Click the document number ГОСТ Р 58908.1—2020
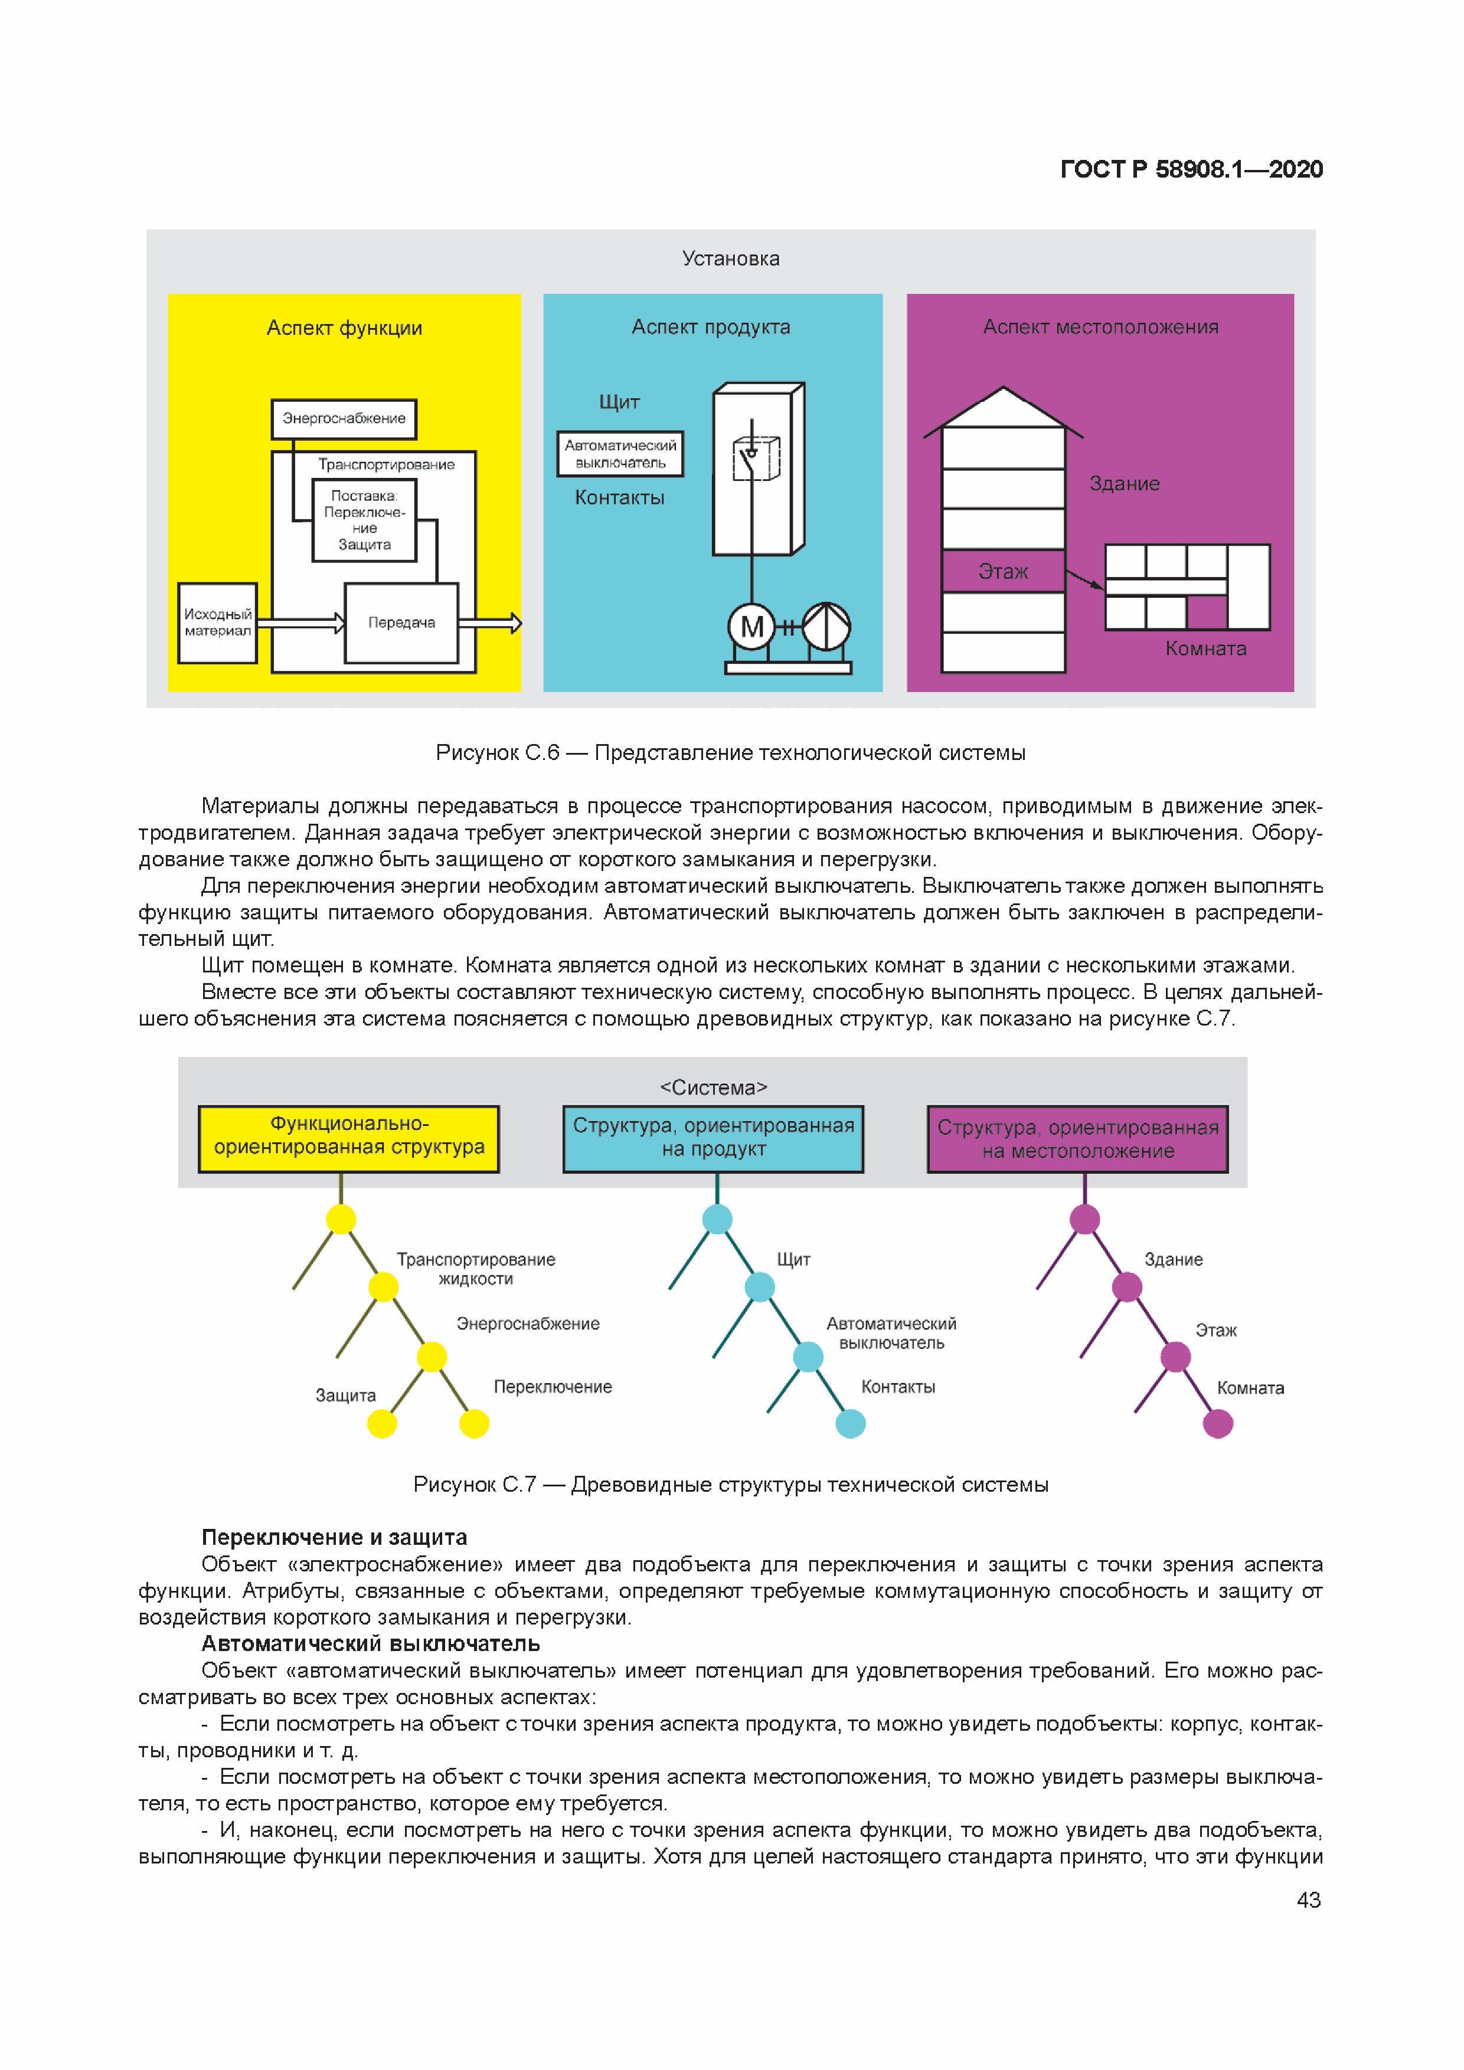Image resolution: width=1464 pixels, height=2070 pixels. tap(1191, 169)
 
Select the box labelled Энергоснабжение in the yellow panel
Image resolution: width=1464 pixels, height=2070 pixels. tap(344, 419)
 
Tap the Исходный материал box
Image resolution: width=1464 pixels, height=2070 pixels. tap(217, 623)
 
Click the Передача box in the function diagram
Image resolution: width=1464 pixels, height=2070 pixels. tap(401, 623)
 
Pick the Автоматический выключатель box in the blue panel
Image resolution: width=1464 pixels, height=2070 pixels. tap(620, 454)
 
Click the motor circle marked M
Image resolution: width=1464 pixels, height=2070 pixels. tap(751, 627)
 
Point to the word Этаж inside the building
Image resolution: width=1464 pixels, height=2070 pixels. tap(1003, 572)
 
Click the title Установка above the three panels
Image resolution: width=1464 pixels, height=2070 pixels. tap(731, 258)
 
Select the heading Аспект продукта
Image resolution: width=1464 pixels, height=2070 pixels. tap(711, 327)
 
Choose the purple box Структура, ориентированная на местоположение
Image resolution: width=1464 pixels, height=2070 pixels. tap(1078, 1139)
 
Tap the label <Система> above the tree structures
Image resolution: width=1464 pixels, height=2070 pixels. tap(714, 1088)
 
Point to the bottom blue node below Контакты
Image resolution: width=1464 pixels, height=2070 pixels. tap(851, 1424)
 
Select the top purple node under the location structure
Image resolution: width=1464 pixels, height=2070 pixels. tap(1084, 1220)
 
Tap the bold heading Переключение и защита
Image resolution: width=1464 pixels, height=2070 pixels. tap(334, 1537)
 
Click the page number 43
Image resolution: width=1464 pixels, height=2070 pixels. tap(1308, 1899)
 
